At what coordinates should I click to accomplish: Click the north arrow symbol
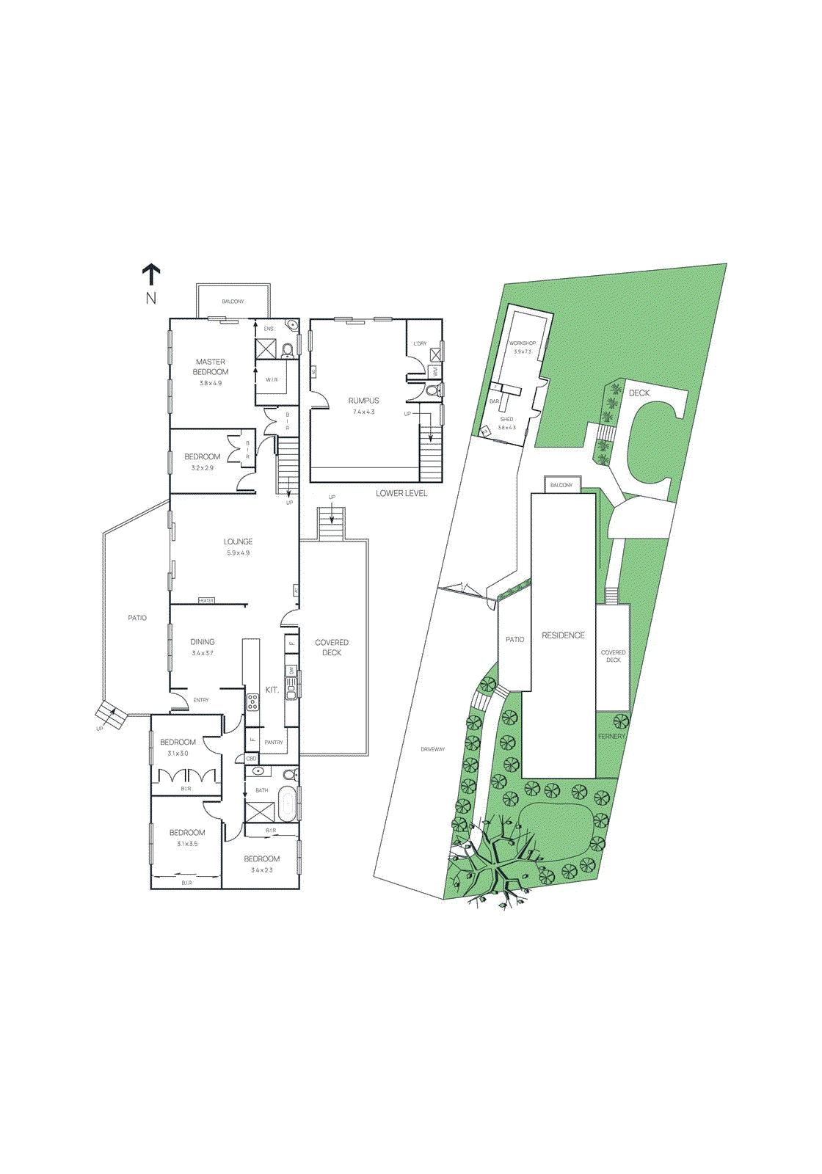(151, 274)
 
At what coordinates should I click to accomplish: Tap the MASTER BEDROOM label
(211, 367)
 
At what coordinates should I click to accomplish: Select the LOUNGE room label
(238, 542)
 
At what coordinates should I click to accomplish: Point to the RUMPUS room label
(363, 401)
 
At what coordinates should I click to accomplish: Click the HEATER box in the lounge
(206, 601)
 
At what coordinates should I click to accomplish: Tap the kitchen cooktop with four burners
(252, 701)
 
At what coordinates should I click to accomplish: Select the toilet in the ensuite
(287, 349)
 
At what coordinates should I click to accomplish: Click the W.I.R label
(272, 380)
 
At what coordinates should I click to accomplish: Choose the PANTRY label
(274, 743)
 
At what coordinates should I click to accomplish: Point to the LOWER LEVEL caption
(401, 493)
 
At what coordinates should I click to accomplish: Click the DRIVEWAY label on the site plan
(433, 749)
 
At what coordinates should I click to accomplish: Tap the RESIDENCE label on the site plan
(563, 635)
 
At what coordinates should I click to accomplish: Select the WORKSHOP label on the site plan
(523, 343)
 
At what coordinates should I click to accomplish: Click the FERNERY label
(611, 736)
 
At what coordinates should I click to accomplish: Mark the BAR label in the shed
(494, 401)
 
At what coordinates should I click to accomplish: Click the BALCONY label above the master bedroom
(233, 302)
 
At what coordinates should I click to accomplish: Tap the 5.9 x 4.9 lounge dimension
(238, 553)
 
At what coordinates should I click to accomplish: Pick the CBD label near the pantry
(251, 759)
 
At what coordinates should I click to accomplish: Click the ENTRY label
(201, 700)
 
